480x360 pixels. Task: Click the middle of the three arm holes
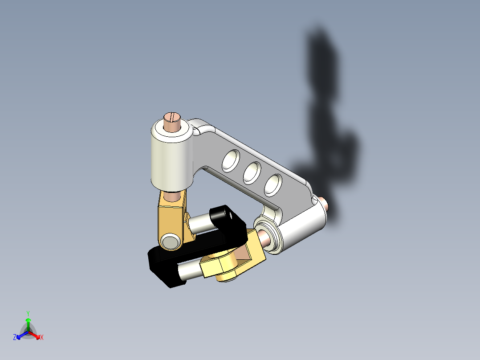pos(252,172)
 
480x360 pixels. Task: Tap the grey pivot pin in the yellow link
pos(170,241)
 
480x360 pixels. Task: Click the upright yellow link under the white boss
pos(171,219)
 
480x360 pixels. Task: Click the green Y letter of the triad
pos(28,313)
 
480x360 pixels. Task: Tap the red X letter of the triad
pos(42,338)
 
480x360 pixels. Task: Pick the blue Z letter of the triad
pos(15,338)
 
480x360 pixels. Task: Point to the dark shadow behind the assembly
pos(329,111)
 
